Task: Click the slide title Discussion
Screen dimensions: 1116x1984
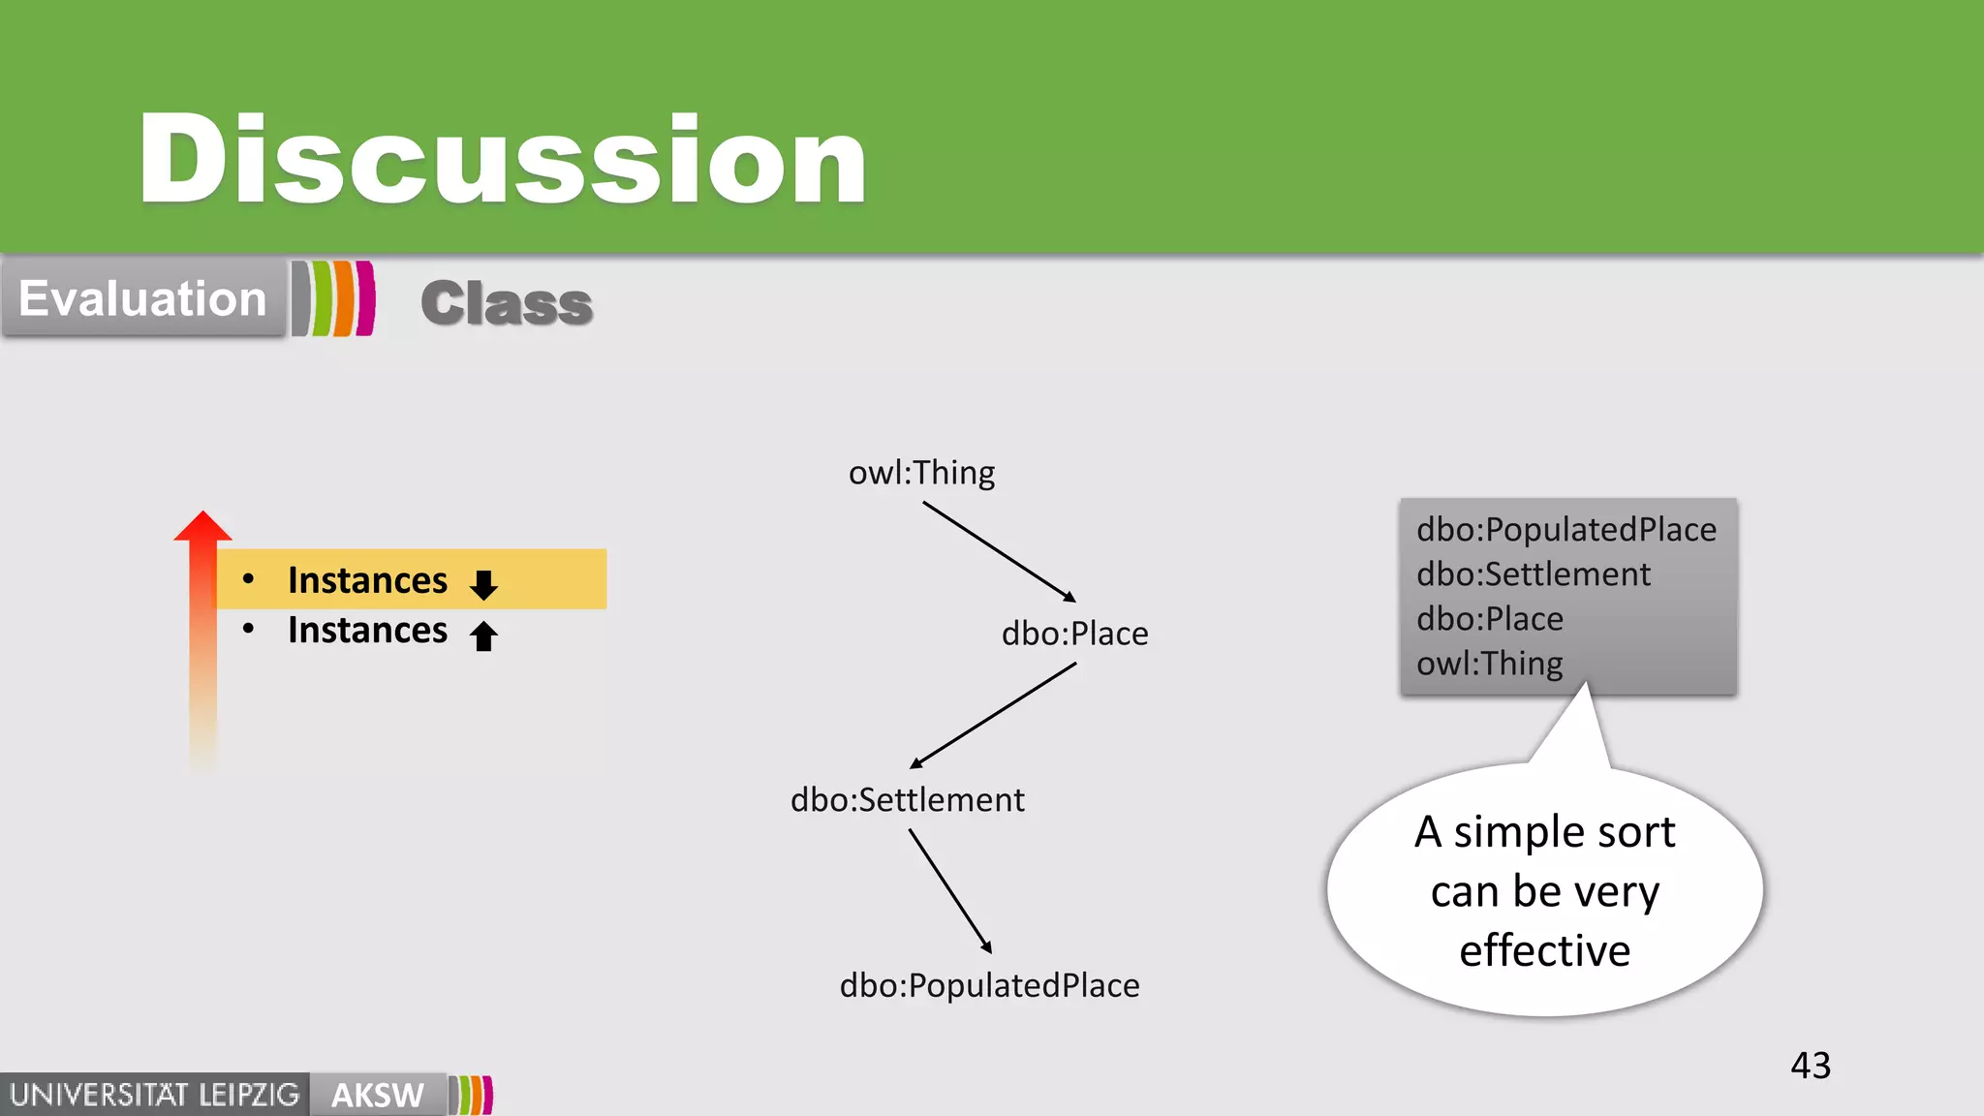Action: tap(502, 160)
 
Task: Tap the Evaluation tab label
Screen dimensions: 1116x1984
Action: tap(142, 298)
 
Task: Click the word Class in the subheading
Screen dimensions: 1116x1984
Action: tap(507, 303)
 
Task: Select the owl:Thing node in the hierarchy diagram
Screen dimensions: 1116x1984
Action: tap(921, 473)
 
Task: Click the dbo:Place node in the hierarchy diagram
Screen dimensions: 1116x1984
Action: tap(1074, 634)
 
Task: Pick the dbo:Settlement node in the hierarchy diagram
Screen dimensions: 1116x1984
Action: tap(907, 800)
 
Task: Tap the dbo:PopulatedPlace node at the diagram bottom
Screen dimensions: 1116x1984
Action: tap(989, 985)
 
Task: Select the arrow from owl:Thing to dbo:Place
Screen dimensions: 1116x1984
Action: tap(999, 551)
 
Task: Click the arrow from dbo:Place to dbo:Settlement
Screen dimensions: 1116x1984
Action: tap(993, 716)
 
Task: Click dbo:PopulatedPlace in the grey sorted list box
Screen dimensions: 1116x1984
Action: tap(1565, 530)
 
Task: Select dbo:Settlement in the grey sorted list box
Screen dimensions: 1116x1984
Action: tap(1533, 574)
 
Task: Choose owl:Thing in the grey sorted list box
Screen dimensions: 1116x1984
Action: tap(1489, 664)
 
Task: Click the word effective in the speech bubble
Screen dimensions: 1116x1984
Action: tap(1544, 950)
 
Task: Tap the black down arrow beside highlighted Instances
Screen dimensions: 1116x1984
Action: tap(483, 584)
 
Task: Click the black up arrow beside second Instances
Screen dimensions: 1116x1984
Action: tap(483, 635)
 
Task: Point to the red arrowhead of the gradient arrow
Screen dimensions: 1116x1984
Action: tap(202, 528)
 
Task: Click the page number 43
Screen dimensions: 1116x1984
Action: tap(1810, 1066)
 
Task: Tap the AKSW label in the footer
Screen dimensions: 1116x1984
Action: tap(377, 1095)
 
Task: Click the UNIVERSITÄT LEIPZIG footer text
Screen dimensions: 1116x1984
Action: tap(155, 1095)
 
